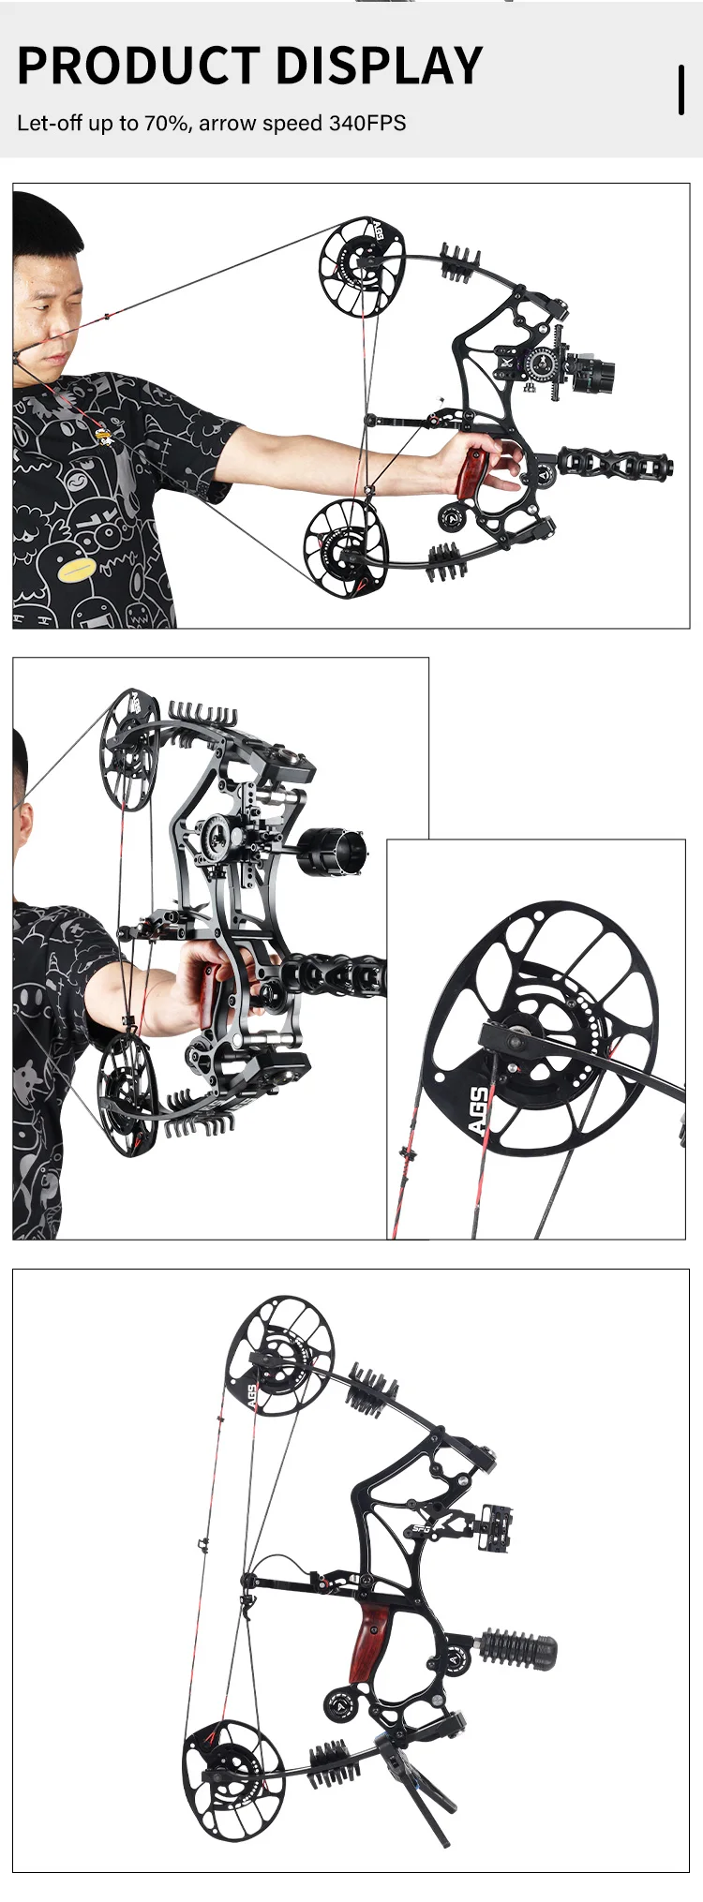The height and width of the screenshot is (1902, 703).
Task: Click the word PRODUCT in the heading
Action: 139,66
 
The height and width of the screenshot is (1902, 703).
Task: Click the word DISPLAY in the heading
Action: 380,66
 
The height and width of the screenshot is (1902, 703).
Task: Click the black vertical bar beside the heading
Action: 681,90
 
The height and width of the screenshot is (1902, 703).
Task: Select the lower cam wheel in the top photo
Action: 344,547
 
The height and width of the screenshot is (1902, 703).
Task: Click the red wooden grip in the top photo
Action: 470,473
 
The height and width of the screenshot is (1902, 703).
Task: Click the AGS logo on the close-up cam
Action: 478,1110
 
